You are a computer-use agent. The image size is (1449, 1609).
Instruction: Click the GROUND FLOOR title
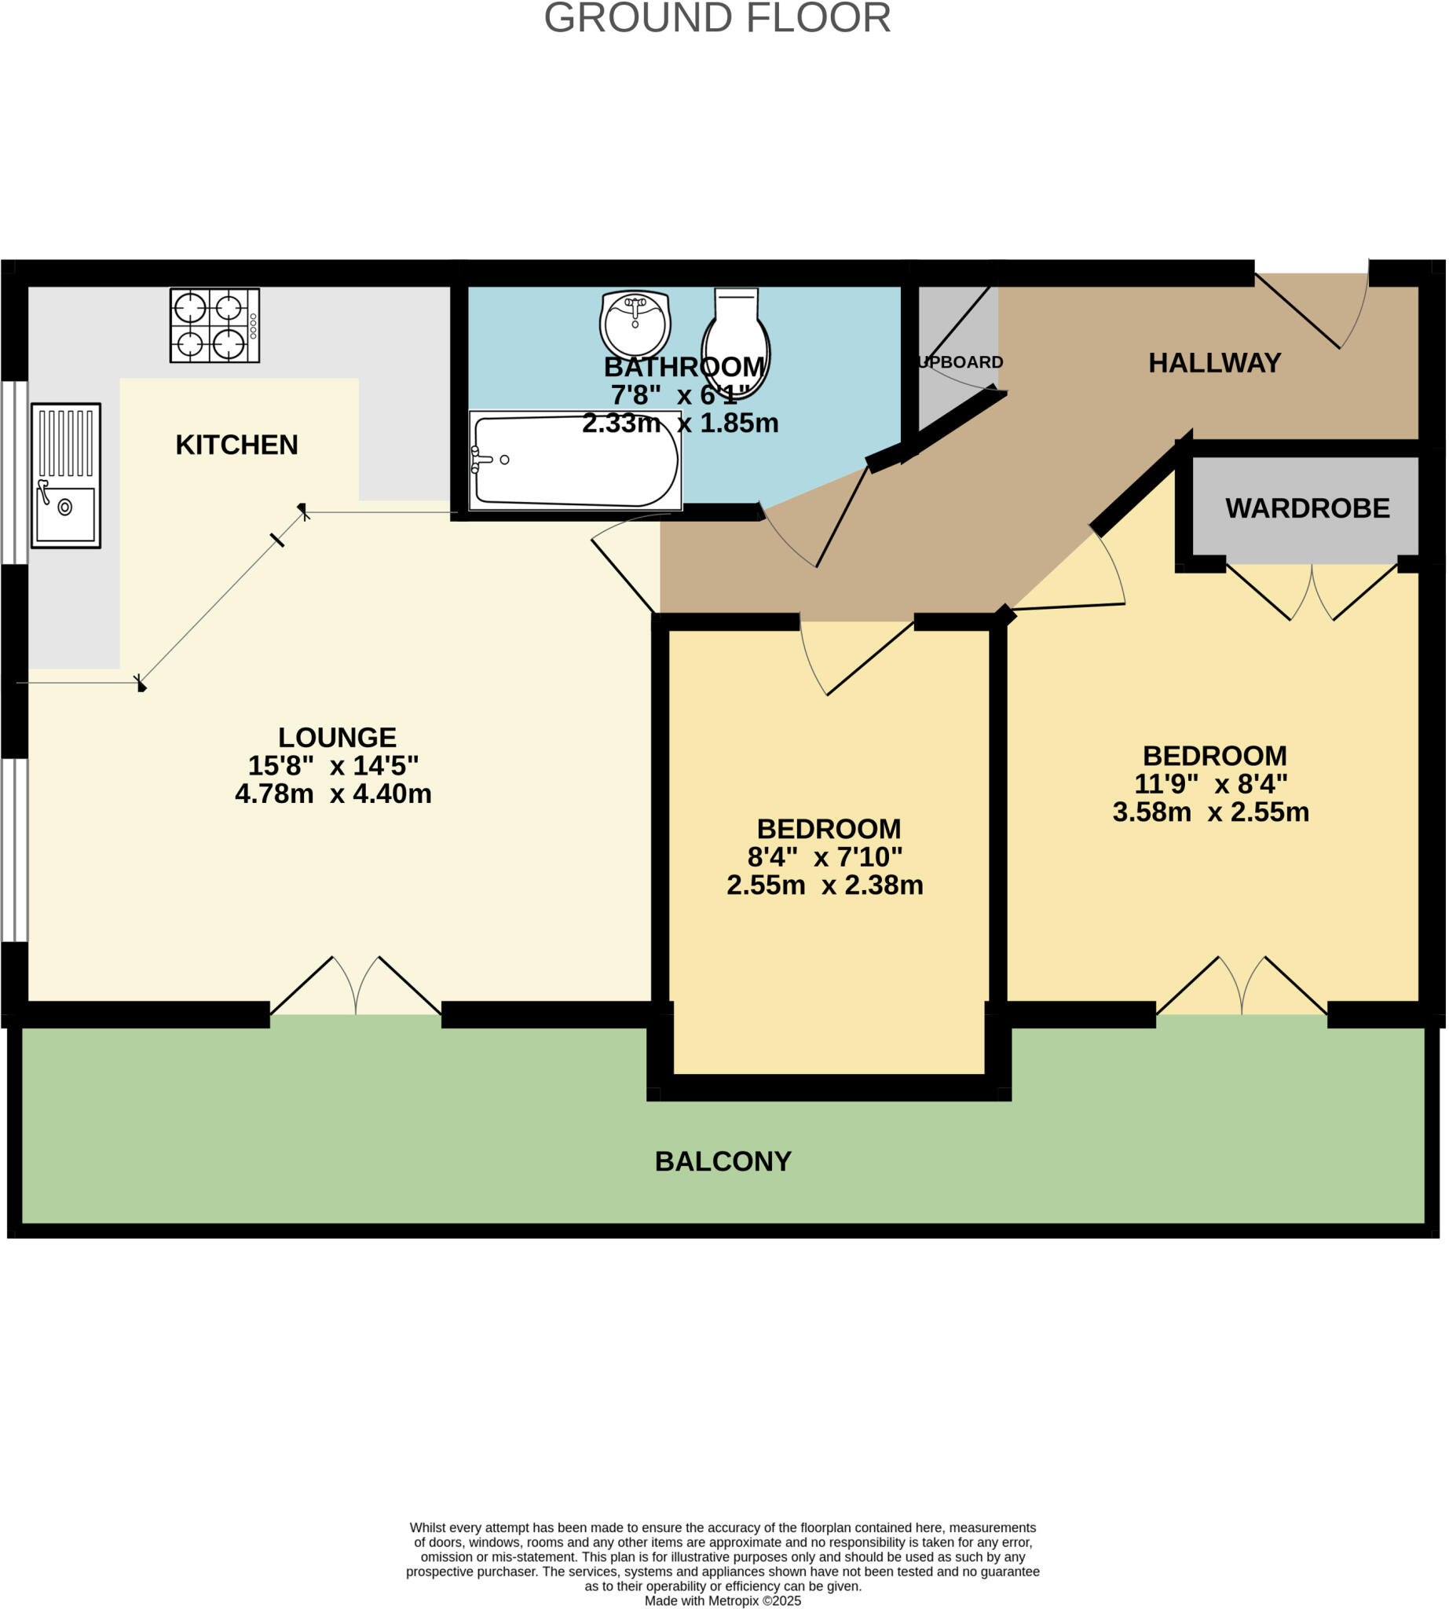(716, 18)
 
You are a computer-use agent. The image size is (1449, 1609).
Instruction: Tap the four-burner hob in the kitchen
(214, 325)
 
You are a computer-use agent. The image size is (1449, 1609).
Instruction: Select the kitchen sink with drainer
(66, 475)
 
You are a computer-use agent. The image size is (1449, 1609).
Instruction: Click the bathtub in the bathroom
(575, 460)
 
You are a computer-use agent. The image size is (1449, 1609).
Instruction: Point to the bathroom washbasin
(635, 324)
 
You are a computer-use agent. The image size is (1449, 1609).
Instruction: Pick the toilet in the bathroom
(736, 339)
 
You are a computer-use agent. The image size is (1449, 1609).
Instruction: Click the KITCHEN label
(236, 445)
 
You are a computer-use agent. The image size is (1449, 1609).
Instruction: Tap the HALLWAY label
(1214, 363)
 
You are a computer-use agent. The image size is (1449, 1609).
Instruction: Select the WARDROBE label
(1307, 508)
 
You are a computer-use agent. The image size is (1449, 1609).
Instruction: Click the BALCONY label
(723, 1161)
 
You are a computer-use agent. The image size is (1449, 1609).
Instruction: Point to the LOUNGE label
(337, 737)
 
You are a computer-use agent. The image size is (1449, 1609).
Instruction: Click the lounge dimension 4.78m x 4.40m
(333, 794)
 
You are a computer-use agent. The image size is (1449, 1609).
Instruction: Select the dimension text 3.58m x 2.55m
(1210, 812)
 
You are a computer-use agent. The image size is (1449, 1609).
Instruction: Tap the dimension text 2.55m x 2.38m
(824, 885)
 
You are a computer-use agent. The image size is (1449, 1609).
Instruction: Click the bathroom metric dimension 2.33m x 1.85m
(680, 423)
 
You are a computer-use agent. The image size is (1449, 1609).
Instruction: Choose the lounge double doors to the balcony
(355, 988)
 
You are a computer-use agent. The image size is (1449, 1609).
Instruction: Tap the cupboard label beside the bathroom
(961, 362)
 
